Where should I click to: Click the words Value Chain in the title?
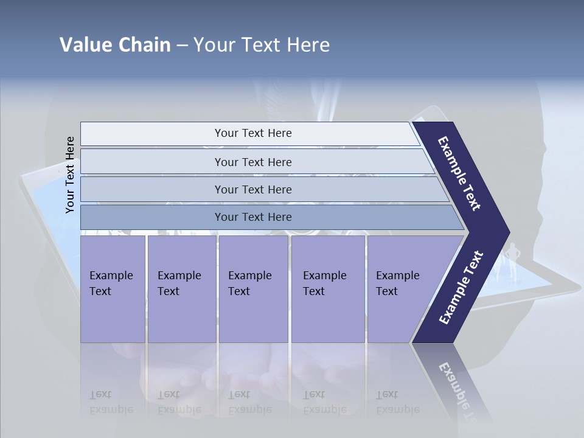pyautogui.click(x=115, y=45)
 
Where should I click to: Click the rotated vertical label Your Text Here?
pyautogui.click(x=70, y=175)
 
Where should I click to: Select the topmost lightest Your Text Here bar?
pyautogui.click(x=252, y=133)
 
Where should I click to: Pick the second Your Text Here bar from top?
pyautogui.click(x=252, y=162)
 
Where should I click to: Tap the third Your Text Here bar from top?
pyautogui.click(x=252, y=189)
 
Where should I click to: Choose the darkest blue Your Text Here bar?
pyautogui.click(x=252, y=217)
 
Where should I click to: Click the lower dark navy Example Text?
pyautogui.click(x=461, y=287)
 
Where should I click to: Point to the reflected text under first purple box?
pyautogui.click(x=111, y=402)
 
